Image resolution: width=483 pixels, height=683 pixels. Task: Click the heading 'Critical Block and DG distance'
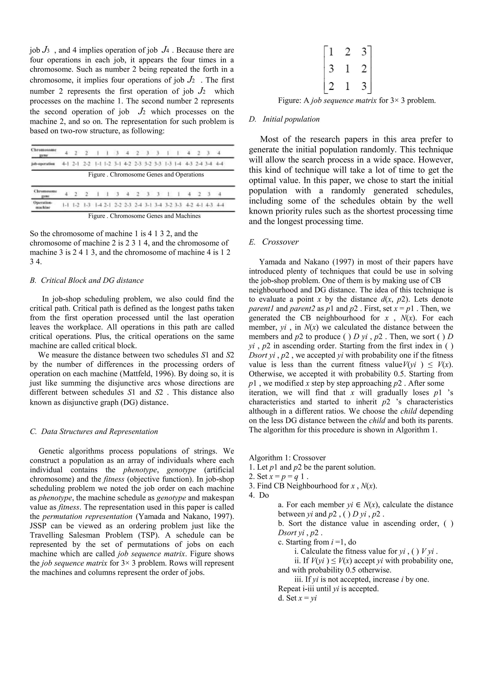tap(92, 281)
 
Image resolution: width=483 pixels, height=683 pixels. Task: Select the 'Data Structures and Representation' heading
tap(99, 432)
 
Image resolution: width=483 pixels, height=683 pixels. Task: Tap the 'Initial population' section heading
tap(291, 119)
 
